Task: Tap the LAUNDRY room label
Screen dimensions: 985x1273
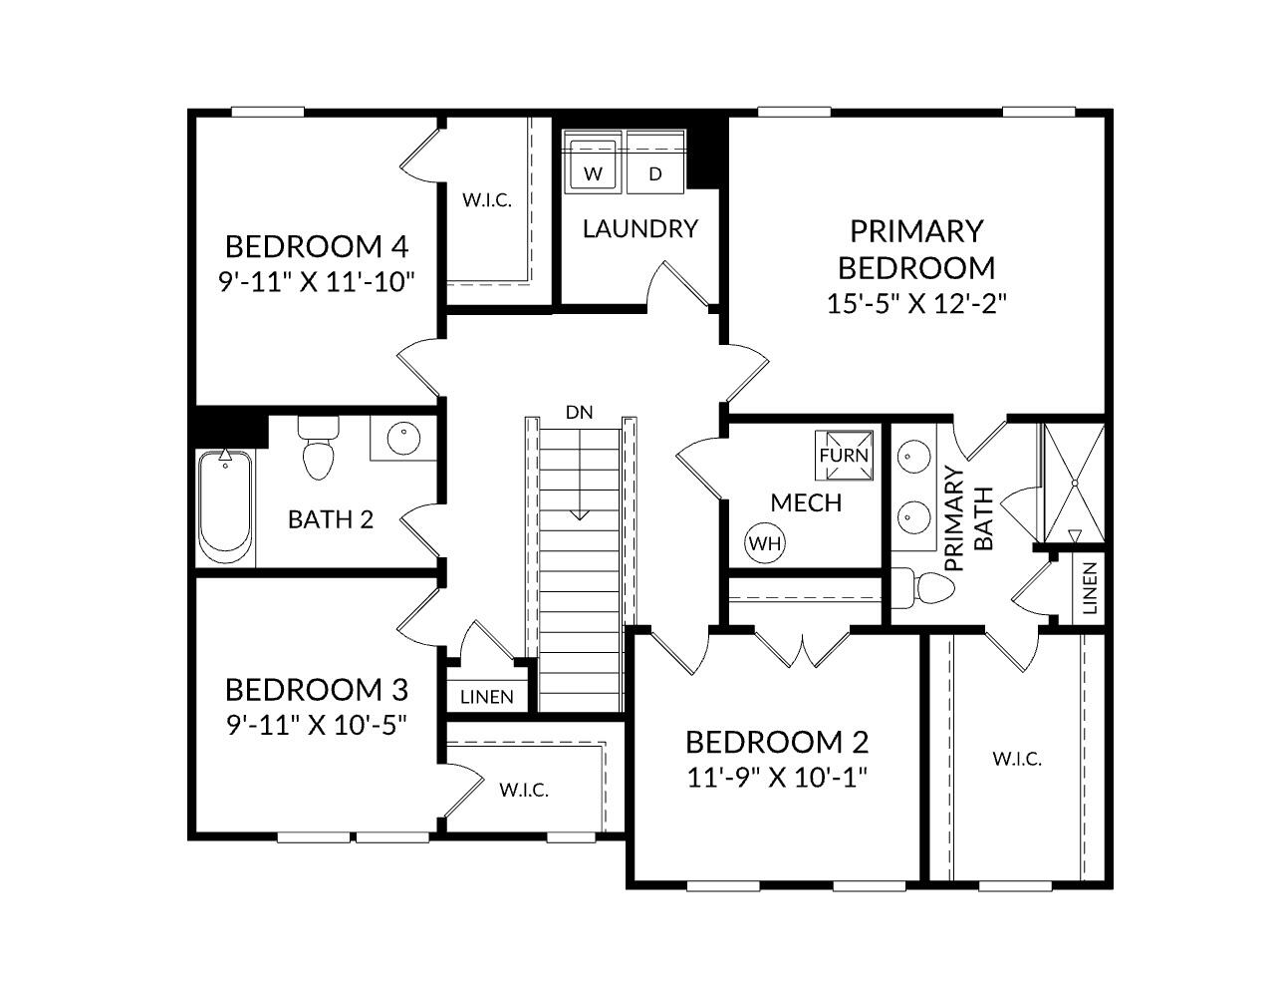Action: pos(639,229)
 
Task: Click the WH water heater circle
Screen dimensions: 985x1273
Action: pos(765,543)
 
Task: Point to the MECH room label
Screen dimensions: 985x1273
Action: pos(806,503)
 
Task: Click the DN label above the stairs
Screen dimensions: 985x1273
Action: pos(578,412)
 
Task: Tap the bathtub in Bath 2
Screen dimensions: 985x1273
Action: pos(225,506)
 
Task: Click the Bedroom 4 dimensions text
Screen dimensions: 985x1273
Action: pos(316,280)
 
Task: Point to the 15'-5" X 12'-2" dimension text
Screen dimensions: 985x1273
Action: pos(916,303)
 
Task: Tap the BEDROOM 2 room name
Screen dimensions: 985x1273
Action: pos(777,742)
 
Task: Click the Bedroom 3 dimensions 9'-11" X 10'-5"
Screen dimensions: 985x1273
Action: pos(316,724)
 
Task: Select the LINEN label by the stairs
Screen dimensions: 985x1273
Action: pos(488,697)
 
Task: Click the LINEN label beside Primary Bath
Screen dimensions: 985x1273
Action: pos(1089,588)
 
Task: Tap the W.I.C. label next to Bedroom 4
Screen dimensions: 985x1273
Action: pos(486,199)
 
